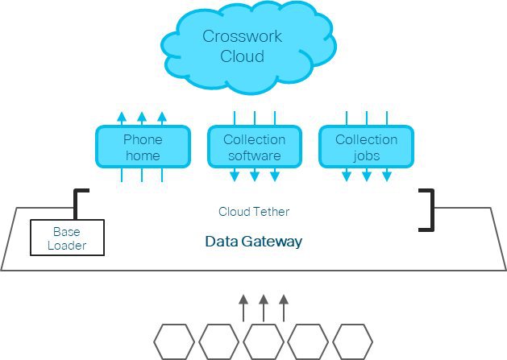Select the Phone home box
[x=143, y=147]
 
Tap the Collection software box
[x=254, y=147]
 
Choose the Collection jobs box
[x=366, y=147]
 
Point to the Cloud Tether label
[x=253, y=212]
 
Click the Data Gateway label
[x=253, y=241]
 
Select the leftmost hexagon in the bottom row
[x=173, y=341]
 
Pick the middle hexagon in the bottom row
[x=263, y=341]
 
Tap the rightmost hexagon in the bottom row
[x=352, y=341]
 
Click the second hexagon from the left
[x=218, y=341]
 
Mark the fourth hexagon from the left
[x=308, y=341]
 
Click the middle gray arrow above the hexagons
[x=263, y=308]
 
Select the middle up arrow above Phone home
[x=142, y=118]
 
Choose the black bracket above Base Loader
[x=77, y=203]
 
